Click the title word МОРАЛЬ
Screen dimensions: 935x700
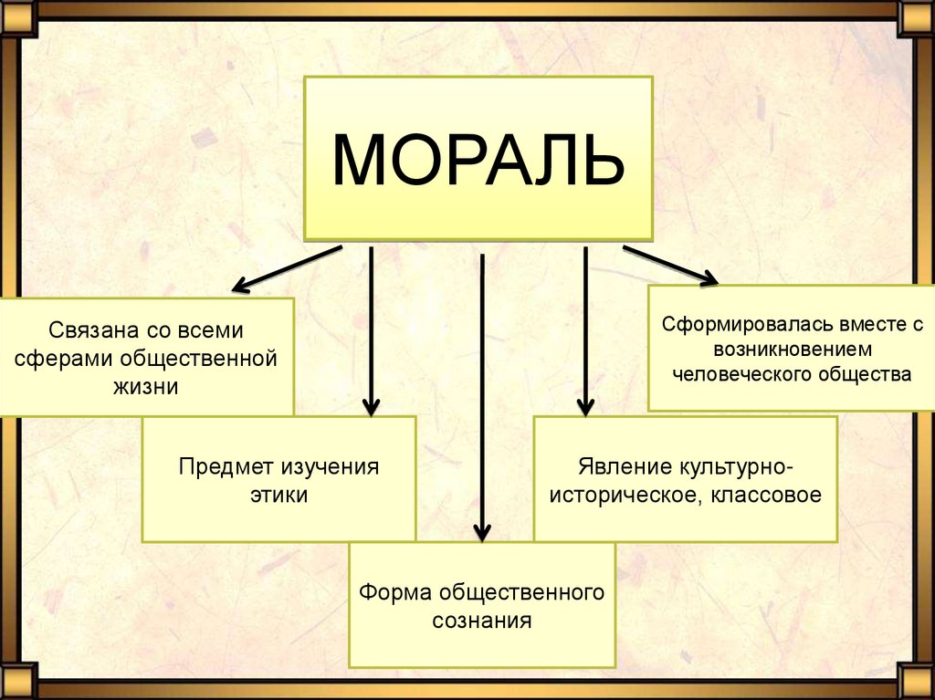click(x=478, y=162)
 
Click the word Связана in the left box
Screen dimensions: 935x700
click(x=88, y=328)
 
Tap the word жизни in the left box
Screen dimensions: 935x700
click(x=146, y=386)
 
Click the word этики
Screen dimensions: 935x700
click(x=278, y=496)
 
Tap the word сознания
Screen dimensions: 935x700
click(x=481, y=622)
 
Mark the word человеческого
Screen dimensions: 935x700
click(x=737, y=374)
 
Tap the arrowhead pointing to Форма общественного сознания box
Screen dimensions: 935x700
click(x=482, y=531)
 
